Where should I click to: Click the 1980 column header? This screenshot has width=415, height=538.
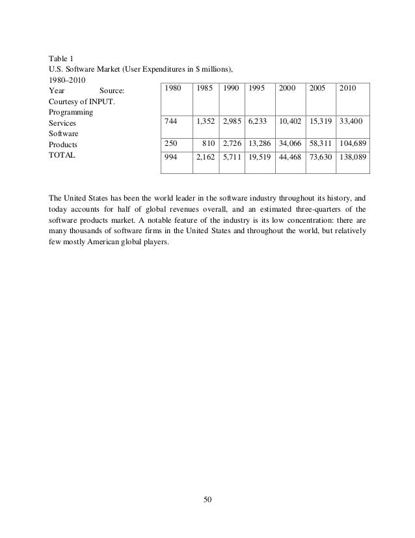point(172,87)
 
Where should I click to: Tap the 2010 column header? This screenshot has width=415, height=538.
point(347,87)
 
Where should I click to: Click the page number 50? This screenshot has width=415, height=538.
point(207,499)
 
